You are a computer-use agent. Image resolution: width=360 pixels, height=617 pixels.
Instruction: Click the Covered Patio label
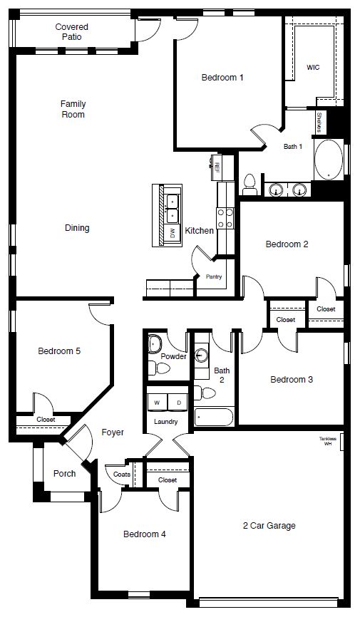[x=72, y=31]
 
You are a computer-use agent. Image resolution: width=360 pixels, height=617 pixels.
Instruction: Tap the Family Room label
[x=73, y=109]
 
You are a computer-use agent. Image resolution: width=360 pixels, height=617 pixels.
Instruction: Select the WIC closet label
[x=313, y=68]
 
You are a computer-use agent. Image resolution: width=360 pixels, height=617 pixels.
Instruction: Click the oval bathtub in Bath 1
[x=328, y=160]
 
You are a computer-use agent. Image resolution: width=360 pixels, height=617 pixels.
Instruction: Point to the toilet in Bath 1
[x=250, y=185]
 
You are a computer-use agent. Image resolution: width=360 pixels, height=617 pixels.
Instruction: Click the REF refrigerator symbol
[x=216, y=166]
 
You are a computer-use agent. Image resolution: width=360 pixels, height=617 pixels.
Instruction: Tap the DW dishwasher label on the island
[x=173, y=233]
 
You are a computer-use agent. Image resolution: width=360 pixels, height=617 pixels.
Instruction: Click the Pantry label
[x=214, y=276]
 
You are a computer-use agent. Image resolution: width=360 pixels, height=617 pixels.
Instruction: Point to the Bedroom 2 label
[x=287, y=244]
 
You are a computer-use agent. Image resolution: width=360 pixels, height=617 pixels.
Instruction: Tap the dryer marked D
[x=178, y=403]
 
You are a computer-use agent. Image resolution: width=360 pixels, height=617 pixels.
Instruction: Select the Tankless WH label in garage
[x=327, y=441]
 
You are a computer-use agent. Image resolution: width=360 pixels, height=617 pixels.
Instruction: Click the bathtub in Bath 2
[x=213, y=416]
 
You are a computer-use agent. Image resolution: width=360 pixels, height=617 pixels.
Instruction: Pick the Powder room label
[x=173, y=356]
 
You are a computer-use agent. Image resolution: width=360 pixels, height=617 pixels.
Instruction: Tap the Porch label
[x=65, y=474]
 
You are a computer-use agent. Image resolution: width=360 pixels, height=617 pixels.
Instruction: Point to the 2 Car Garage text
[x=268, y=526]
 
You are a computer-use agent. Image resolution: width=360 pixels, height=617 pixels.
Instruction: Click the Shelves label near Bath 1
[x=319, y=122]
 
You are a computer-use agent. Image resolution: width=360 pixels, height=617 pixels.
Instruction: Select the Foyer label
[x=113, y=432]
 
